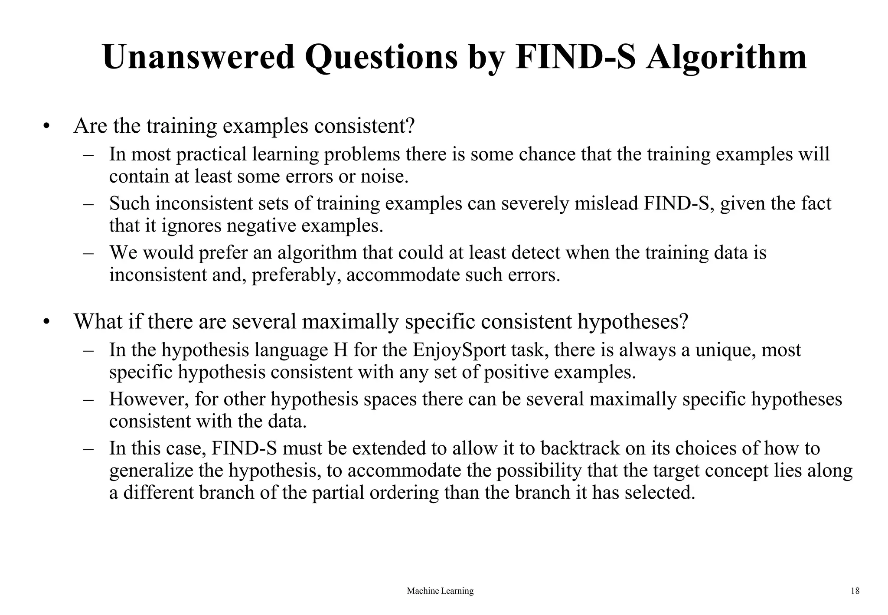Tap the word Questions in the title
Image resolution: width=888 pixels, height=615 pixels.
382,58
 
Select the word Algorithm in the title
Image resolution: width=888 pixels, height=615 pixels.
726,58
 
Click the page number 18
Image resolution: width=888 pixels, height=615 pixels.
855,591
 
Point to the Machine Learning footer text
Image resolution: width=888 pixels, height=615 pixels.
440,591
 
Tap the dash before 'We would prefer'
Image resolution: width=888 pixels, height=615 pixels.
89,252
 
